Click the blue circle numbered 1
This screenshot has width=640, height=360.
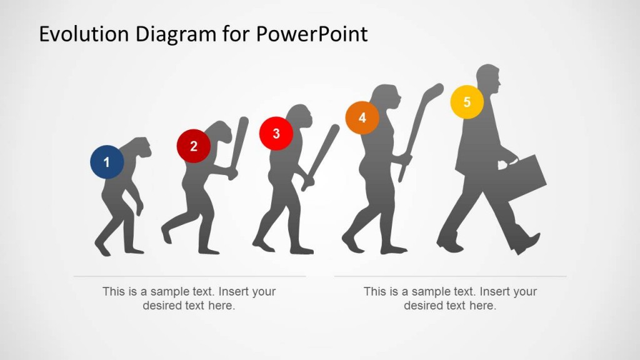click(x=106, y=162)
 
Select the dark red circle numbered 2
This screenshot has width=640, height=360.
click(x=193, y=146)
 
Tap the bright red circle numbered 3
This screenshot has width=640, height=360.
click(x=276, y=134)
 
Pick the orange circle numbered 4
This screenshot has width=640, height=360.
click(x=362, y=117)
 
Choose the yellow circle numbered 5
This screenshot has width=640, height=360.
click(x=467, y=102)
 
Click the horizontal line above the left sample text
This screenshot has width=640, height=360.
click(x=189, y=276)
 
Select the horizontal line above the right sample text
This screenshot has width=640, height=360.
click(x=450, y=276)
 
